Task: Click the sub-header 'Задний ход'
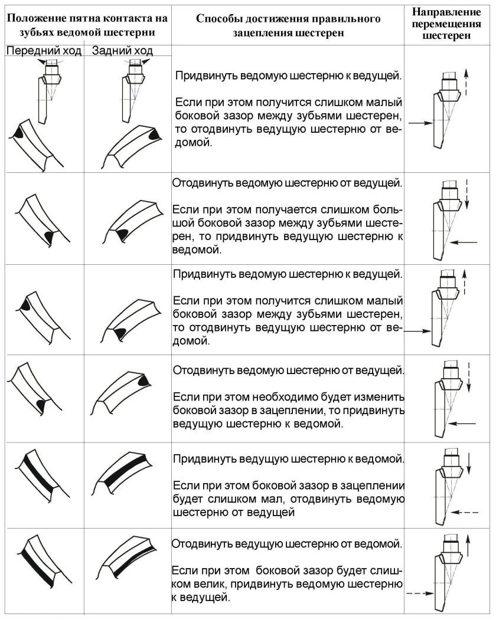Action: tap(122, 51)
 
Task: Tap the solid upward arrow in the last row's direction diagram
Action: tap(468, 546)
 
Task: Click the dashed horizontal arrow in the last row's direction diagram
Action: tap(419, 594)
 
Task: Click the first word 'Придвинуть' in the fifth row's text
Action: tap(203, 458)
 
